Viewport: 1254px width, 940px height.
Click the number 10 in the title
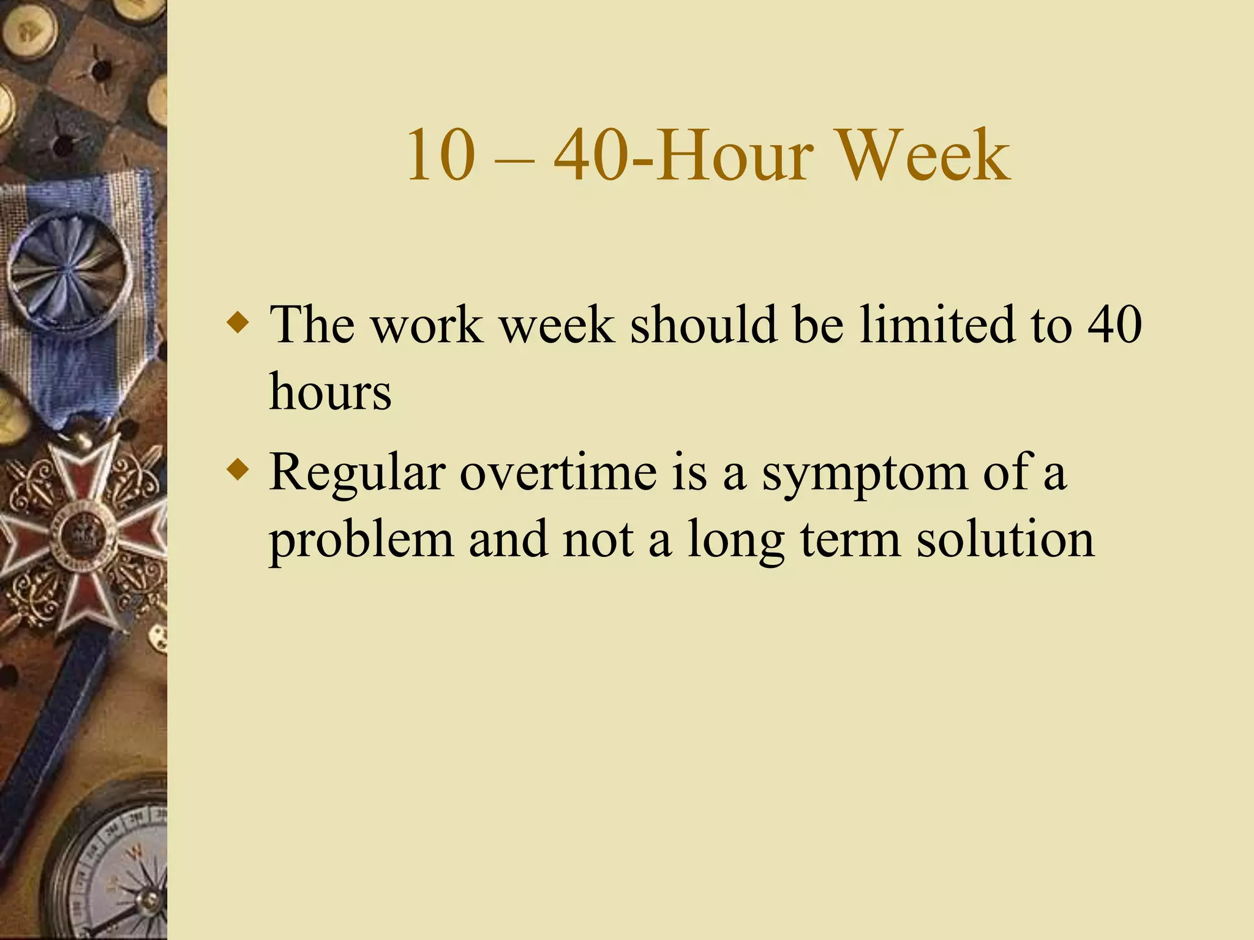[441, 155]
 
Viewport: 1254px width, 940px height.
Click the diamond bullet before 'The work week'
[238, 323]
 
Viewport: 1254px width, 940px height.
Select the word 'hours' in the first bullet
[330, 392]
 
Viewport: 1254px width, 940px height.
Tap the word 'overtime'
[558, 472]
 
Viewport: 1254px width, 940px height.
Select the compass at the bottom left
[110, 869]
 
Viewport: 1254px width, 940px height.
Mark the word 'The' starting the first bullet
[312, 324]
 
